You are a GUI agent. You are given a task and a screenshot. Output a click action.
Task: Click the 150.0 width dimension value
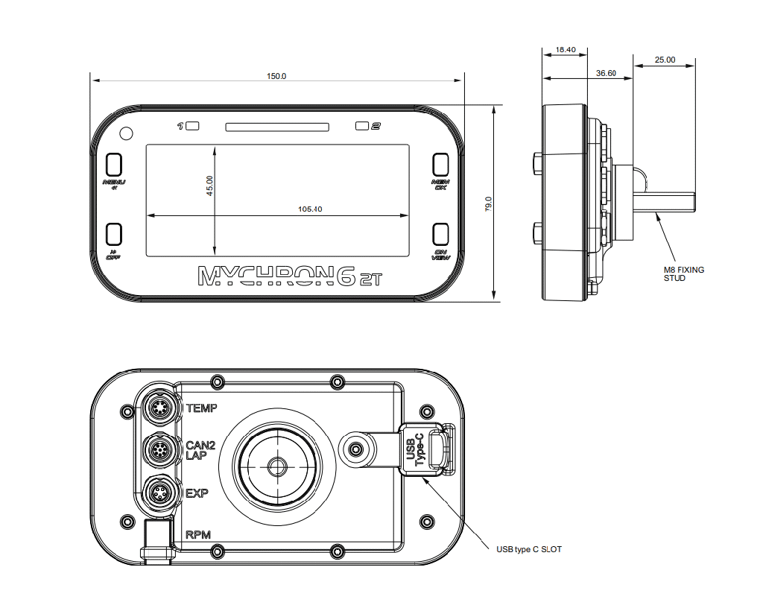(276, 76)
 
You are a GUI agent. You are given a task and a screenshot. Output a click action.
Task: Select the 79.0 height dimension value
(489, 203)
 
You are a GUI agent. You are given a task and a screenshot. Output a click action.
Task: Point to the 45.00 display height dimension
(210, 185)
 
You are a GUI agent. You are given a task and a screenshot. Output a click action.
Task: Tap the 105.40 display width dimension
(309, 209)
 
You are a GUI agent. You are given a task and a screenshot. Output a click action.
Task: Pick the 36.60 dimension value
(606, 73)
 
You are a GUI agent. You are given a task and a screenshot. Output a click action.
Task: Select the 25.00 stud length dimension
(665, 60)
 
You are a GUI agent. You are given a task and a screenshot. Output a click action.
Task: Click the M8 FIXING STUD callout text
(683, 273)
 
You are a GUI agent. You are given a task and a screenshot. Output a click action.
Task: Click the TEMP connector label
(201, 408)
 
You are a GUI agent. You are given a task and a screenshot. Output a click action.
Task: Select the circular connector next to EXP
(159, 493)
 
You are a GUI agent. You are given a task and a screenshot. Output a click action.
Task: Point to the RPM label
(197, 534)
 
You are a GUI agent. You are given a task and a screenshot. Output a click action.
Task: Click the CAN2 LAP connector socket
(159, 450)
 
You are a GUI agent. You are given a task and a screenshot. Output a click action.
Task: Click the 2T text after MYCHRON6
(370, 279)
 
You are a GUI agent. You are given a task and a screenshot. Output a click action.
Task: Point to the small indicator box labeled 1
(192, 126)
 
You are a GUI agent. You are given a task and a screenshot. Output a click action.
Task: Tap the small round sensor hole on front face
(126, 133)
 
